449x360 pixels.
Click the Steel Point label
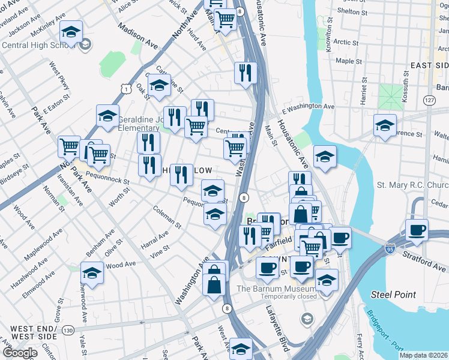[x=390, y=294]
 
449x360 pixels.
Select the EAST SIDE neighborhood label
[x=429, y=65]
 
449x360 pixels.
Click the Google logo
[x=19, y=353]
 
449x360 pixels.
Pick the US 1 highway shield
[x=125, y=89]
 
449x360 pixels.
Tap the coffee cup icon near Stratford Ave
[x=417, y=230]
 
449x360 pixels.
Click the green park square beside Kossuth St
[x=391, y=95]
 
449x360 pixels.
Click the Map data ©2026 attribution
[x=424, y=355]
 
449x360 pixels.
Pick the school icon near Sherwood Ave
[x=92, y=273]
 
